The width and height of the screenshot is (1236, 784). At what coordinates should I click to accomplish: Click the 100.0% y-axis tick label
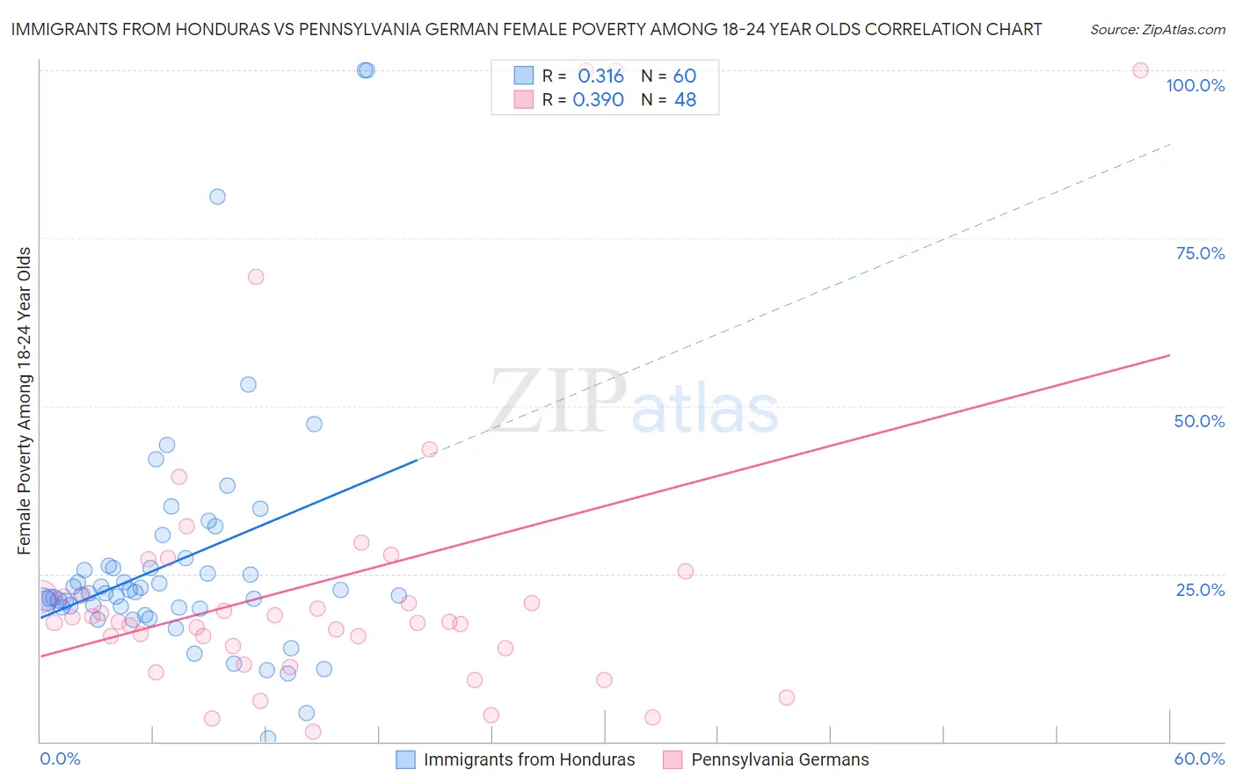point(1195,85)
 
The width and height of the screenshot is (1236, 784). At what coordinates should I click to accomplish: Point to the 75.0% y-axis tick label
point(1200,253)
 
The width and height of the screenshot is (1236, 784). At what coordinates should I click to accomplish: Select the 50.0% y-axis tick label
point(1199,421)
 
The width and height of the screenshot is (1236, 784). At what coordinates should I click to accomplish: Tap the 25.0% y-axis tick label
point(1200,590)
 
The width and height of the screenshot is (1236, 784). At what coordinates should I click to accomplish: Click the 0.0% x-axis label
point(60,759)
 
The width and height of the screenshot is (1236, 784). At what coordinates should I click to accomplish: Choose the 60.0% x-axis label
point(1199,759)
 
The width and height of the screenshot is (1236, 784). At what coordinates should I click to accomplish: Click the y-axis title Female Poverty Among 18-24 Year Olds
point(25,401)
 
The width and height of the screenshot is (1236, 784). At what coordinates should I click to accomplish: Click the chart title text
point(526,29)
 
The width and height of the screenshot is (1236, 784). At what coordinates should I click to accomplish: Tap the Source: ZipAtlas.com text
point(1157,30)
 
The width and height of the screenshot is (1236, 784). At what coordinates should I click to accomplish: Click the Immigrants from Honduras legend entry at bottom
point(528,759)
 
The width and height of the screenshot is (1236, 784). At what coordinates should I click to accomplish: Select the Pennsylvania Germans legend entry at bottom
point(780,759)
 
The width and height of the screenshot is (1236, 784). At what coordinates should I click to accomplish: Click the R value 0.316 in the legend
point(600,76)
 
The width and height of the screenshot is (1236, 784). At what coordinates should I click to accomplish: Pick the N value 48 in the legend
point(685,99)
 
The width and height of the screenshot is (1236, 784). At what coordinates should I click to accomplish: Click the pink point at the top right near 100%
point(1140,70)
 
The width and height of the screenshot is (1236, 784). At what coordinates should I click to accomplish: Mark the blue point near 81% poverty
point(217,197)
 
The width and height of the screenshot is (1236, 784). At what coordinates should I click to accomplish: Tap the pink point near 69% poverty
point(256,277)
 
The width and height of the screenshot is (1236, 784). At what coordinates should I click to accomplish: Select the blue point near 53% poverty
point(248,384)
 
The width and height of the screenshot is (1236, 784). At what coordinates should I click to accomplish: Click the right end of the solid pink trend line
point(1169,355)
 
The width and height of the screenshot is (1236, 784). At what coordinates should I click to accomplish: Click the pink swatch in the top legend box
point(524,99)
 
